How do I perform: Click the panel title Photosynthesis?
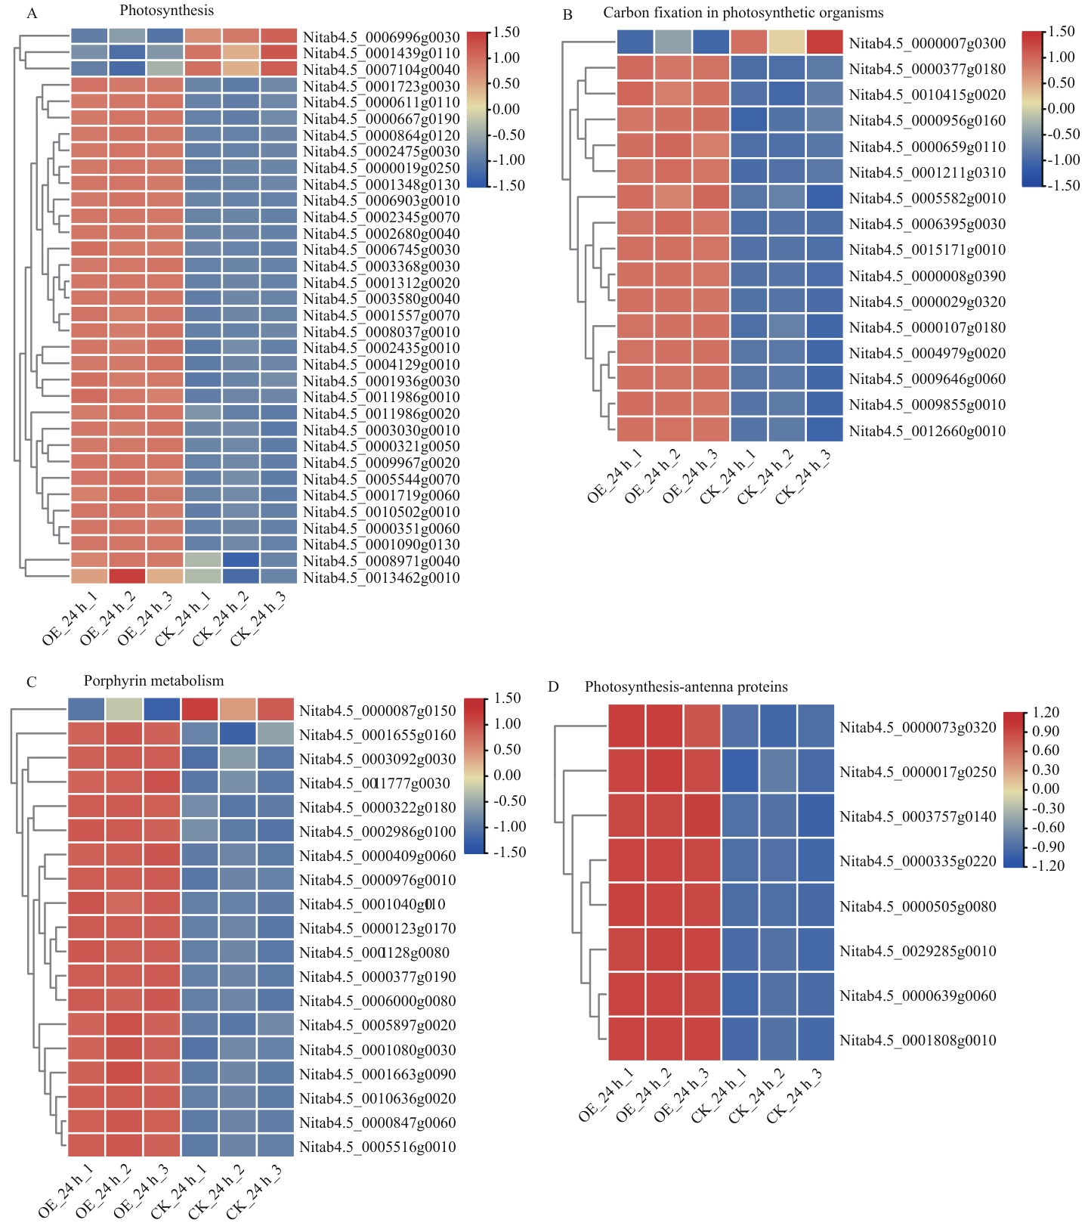(x=166, y=11)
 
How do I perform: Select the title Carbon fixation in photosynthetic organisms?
(x=743, y=13)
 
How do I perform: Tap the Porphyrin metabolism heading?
(x=153, y=680)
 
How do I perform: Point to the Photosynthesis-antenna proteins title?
(x=686, y=686)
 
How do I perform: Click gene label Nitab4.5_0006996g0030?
(x=381, y=37)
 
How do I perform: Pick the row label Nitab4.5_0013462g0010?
(x=381, y=577)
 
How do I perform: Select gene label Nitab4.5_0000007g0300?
(x=927, y=43)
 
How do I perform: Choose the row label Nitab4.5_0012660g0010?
(x=927, y=431)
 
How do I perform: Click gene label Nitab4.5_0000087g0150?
(x=377, y=711)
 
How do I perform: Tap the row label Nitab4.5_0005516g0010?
(x=377, y=1147)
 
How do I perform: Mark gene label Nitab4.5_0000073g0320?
(x=917, y=727)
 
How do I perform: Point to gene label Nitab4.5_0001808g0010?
(x=917, y=1040)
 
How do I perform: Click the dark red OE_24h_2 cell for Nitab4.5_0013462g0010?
(x=127, y=577)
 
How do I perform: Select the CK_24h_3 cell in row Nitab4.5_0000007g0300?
(x=824, y=42)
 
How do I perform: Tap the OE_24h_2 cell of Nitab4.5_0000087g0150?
(x=124, y=710)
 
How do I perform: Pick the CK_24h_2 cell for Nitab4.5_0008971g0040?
(x=240, y=561)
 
